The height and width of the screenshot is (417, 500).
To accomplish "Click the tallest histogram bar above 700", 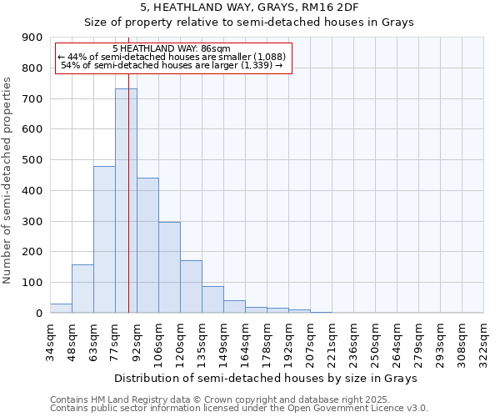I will pos(126,200).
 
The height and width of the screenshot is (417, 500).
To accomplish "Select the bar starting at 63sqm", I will pos(104,239).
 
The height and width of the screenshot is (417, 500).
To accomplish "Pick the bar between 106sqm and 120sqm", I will pos(169,268).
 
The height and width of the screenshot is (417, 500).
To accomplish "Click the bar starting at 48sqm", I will pos(82,289).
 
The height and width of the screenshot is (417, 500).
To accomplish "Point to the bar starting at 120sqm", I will pos(191,287).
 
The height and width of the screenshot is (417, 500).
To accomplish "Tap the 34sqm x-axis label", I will pos(50,341).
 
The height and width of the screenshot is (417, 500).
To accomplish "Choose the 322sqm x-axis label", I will pos(483,341).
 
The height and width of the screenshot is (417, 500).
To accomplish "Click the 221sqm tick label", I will pos(332,341).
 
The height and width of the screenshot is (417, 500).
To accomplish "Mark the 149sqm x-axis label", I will pos(223,341).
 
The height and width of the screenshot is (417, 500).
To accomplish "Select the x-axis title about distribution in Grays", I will pos(267,378).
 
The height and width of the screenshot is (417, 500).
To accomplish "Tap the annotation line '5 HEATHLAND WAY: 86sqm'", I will pos(177,49).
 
